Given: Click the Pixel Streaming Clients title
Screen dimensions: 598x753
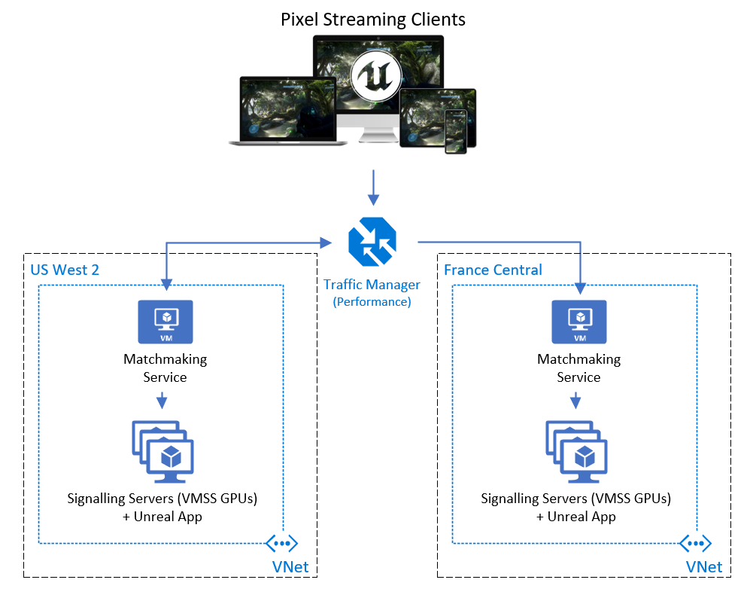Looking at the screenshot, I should (373, 20).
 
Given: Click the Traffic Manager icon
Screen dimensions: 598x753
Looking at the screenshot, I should (372, 242).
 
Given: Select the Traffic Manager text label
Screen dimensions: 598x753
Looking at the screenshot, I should (372, 285).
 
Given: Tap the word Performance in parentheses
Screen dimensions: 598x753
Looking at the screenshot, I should (372, 301).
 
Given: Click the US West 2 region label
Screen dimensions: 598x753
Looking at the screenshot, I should (65, 270).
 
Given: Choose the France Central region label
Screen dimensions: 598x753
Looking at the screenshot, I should (493, 270).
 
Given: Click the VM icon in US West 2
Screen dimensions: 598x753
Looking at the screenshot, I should (165, 322).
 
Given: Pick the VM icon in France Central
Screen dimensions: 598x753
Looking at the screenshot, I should (578, 322).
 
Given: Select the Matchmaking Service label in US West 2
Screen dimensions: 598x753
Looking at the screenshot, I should (165, 368).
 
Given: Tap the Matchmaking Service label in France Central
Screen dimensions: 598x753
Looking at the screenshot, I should (578, 368).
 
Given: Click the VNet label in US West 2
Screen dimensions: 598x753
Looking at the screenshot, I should (290, 567).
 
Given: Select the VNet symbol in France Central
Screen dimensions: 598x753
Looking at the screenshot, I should (696, 543).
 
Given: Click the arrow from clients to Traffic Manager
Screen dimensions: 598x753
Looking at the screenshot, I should (373, 188).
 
